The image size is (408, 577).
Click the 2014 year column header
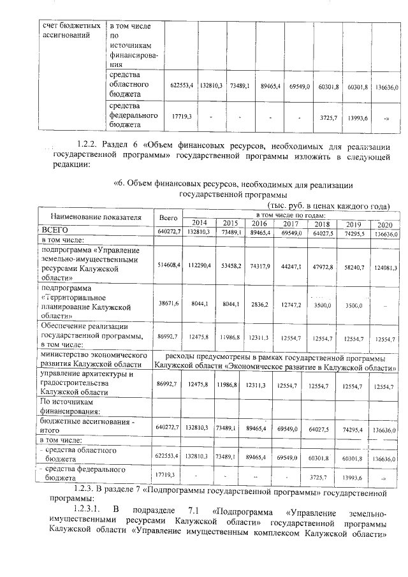pos(200,223)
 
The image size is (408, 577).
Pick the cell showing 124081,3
pos(384,267)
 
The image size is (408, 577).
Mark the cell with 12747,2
pos(291,305)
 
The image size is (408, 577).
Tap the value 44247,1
pos(291,266)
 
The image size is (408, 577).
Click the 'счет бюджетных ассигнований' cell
pos(69,31)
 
